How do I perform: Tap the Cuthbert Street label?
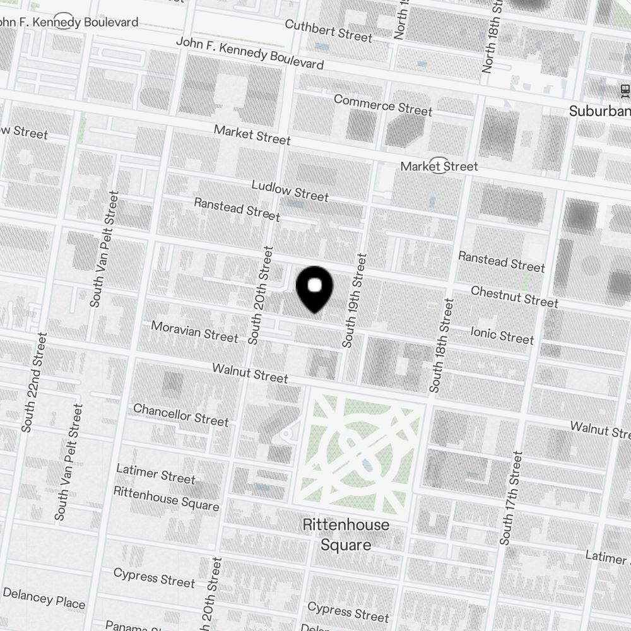[x=328, y=30]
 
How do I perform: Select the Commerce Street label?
[x=383, y=105]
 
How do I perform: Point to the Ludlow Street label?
[x=290, y=191]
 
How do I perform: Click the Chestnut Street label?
[x=514, y=296]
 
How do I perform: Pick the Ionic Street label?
[x=502, y=334]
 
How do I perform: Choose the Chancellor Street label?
[x=180, y=415]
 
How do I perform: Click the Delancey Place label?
[x=44, y=598]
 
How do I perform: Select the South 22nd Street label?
[x=33, y=382]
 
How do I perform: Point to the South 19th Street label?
[x=354, y=300]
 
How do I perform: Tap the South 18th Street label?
[x=441, y=345]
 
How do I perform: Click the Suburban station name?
[x=599, y=112]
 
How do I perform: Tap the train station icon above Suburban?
[x=625, y=91]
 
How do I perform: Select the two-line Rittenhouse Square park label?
[x=346, y=534]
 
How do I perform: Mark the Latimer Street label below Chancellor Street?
[x=156, y=473]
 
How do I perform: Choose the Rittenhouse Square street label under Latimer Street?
[x=166, y=498]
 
